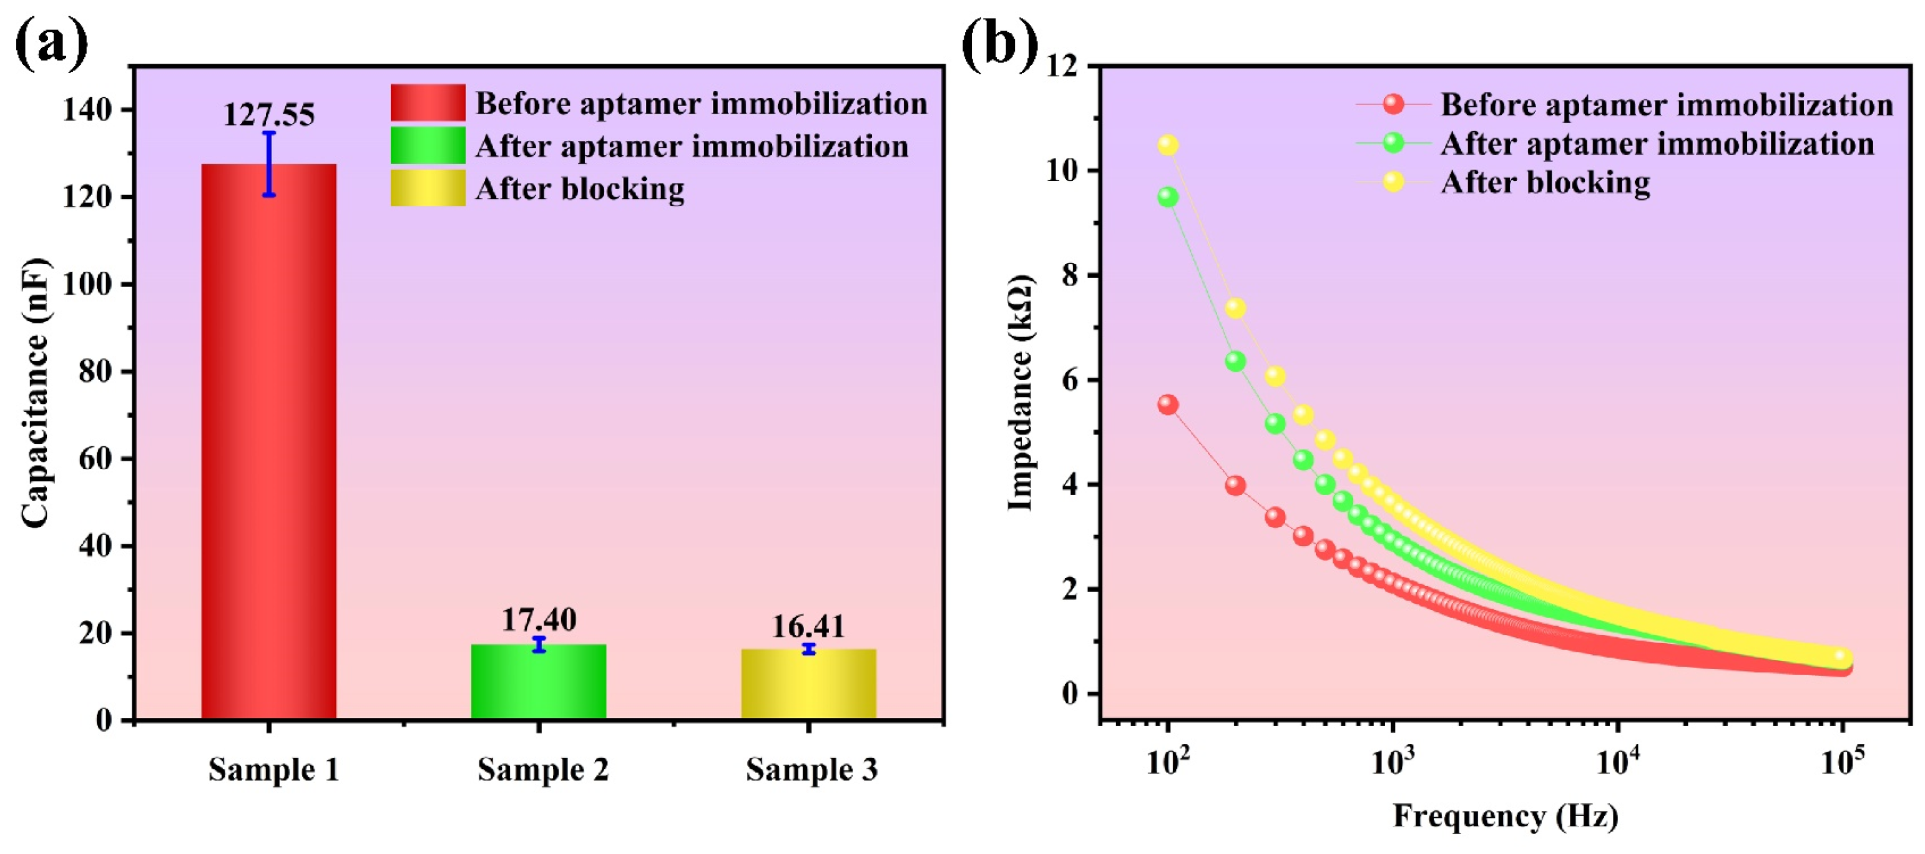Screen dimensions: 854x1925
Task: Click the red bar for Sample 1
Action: point(268,441)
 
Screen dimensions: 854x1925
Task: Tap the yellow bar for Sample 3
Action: point(808,683)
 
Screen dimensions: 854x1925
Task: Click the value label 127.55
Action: point(269,114)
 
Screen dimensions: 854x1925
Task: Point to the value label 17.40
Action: point(539,619)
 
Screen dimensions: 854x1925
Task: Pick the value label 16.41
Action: point(808,626)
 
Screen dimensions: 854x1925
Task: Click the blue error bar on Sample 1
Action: point(269,164)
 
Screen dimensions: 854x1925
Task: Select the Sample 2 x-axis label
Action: point(543,770)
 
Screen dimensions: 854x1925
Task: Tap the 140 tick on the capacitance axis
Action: point(87,110)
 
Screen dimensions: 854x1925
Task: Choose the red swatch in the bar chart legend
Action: point(428,102)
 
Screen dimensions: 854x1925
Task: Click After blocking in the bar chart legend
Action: point(579,189)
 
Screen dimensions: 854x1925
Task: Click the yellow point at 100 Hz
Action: point(1168,145)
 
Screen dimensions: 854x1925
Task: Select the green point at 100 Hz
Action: point(1168,197)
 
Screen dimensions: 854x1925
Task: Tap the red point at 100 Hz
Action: point(1168,405)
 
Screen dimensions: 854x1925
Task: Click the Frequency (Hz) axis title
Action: point(1505,815)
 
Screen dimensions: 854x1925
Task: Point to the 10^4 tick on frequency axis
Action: point(1618,764)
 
